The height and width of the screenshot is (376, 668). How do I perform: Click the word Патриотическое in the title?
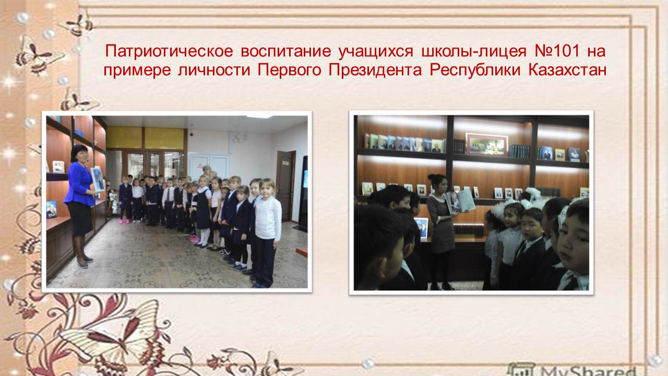click(169, 51)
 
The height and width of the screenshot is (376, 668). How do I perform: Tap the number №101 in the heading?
click(557, 51)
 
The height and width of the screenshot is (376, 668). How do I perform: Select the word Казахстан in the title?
click(567, 70)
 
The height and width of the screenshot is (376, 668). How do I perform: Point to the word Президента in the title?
click(375, 70)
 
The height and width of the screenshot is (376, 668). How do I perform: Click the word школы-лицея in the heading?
click(474, 52)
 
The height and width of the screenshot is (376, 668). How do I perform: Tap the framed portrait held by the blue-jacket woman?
click(98, 179)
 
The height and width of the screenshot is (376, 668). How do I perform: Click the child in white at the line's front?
click(267, 233)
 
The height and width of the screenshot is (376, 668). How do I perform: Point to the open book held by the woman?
click(461, 202)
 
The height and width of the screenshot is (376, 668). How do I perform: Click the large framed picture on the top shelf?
click(487, 145)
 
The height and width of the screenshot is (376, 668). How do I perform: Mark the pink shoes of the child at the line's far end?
click(124, 221)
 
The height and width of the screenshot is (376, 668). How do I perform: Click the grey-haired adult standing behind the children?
click(207, 171)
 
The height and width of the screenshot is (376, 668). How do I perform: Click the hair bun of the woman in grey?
click(432, 177)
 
